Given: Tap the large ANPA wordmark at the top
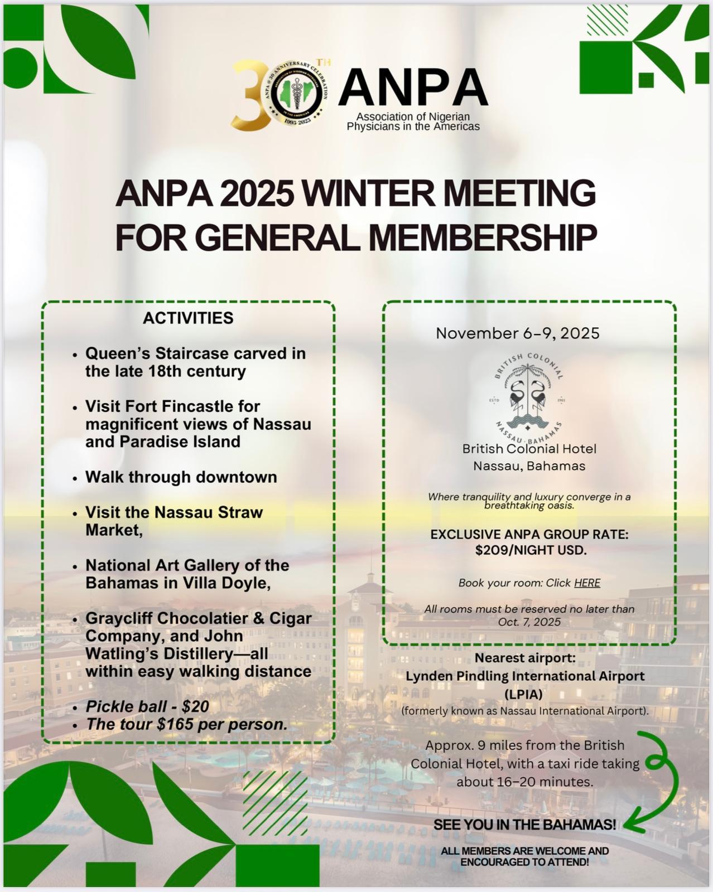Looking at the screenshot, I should tap(412, 88).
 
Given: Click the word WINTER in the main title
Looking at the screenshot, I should tap(367, 193).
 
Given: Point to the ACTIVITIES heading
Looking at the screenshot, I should tap(188, 318).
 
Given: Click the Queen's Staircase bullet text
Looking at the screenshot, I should tap(195, 362).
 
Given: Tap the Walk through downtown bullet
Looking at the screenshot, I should tap(181, 477).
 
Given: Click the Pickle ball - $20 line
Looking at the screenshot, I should tap(147, 706).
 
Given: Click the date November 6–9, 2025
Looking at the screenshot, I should tap(517, 333).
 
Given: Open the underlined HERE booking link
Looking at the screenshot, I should tap(587, 583).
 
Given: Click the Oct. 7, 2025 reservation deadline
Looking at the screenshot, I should tap(529, 622).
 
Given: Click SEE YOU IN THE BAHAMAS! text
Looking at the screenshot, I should tap(524, 825).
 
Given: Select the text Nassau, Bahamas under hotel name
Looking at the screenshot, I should tap(529, 466).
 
